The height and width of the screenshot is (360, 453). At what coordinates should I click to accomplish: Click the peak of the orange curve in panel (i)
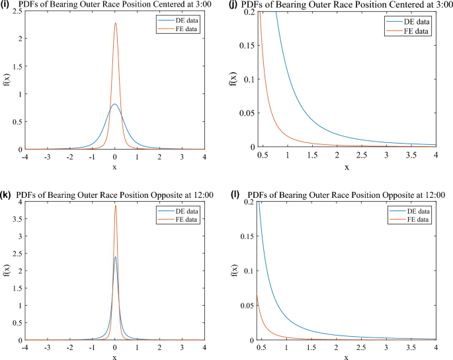coord(115,23)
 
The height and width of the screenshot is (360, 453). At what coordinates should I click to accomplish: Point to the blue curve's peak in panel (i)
coord(114,104)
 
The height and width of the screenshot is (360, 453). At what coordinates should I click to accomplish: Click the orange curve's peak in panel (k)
coord(115,205)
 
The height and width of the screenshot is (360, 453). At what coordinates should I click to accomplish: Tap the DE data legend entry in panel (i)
coord(185,20)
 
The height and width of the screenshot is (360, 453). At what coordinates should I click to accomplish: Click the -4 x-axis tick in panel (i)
coord(24,157)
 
